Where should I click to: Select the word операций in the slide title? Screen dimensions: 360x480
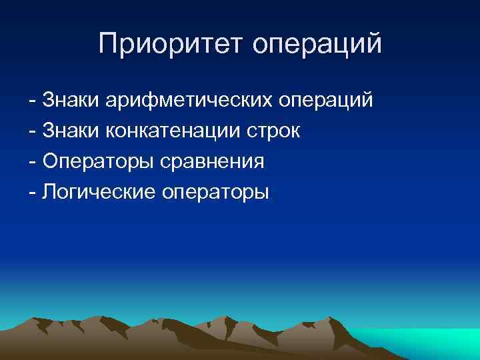(318, 45)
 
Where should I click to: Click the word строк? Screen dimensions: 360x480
(274, 131)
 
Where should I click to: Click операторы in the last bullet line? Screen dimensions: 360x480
(213, 192)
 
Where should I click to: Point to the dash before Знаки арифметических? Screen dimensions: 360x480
(33, 102)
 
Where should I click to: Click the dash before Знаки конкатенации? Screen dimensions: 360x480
(33, 132)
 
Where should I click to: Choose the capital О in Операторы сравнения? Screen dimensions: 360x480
(50, 162)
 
